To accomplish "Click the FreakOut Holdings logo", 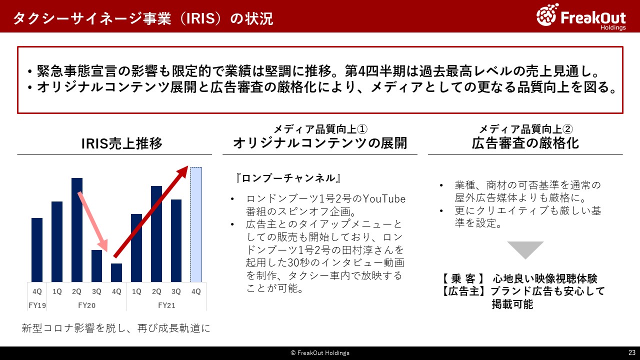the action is pyautogui.click(x=581, y=17).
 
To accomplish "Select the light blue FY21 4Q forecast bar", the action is pyautogui.click(x=196, y=224).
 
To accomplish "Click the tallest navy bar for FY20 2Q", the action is pyautogui.click(x=77, y=230).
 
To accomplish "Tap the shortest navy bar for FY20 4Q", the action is pyautogui.click(x=116, y=273).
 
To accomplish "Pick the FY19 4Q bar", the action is pyautogui.click(x=37, y=250).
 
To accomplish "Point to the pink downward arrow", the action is pyautogui.click(x=93, y=221).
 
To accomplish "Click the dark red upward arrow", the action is pyautogui.click(x=150, y=211).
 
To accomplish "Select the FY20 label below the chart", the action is pyautogui.click(x=86, y=305).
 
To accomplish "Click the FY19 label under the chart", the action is pyautogui.click(x=37, y=305).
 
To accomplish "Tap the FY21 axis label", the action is pyautogui.click(x=166, y=305).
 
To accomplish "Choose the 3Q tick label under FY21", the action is pyautogui.click(x=176, y=291).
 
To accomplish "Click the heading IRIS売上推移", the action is pyautogui.click(x=121, y=143).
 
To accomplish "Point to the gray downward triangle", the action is pyautogui.click(x=525, y=248).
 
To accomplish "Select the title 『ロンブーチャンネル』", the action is pyautogui.click(x=288, y=178).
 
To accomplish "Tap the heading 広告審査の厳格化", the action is pyautogui.click(x=525, y=143).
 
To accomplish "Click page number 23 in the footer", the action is pyautogui.click(x=632, y=352).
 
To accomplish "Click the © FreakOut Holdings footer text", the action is pyautogui.click(x=320, y=353).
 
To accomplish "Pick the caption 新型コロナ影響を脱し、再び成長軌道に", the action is pyautogui.click(x=115, y=328).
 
